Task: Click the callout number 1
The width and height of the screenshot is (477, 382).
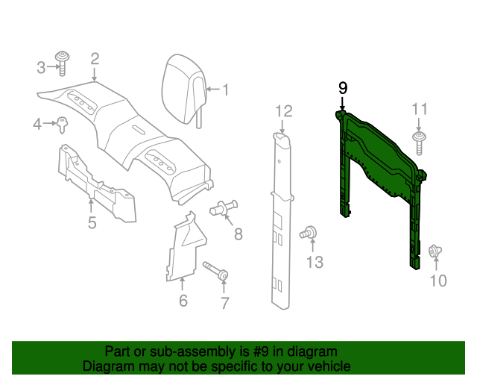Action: [x=224, y=91]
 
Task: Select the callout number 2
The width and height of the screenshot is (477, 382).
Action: [x=95, y=58]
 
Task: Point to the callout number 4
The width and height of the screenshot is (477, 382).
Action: [x=37, y=124]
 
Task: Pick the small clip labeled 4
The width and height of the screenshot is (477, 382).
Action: [x=61, y=123]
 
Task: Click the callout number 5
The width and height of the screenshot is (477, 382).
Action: [x=92, y=222]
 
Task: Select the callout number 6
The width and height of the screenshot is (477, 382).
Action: [x=183, y=301]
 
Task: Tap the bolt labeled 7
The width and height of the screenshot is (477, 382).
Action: [x=216, y=271]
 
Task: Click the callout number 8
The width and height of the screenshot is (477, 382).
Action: [x=238, y=234]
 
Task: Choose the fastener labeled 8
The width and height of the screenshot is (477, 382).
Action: [x=224, y=209]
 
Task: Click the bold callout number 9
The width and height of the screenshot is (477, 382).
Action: [x=343, y=88]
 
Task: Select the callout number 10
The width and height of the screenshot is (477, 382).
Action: [x=438, y=281]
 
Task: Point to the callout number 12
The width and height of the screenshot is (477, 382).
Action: [x=283, y=111]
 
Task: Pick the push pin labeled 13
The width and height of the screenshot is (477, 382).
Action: [x=306, y=234]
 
